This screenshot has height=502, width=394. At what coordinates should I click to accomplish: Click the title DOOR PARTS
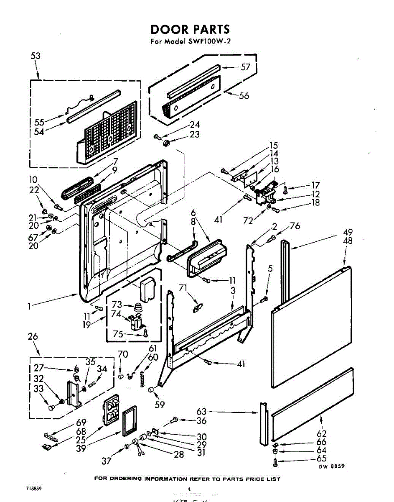[190, 29]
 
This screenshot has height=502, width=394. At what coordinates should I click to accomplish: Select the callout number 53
[36, 56]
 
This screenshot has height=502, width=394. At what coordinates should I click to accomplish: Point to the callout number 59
[160, 405]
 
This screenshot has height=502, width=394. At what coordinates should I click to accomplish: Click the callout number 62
[321, 434]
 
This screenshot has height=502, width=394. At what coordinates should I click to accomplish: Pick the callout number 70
[122, 354]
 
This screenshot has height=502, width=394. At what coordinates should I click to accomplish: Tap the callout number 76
[295, 226]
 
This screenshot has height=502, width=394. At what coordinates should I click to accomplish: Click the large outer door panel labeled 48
[311, 326]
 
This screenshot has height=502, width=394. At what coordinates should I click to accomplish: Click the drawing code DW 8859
[332, 466]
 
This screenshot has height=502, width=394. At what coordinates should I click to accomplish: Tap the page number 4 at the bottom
[189, 489]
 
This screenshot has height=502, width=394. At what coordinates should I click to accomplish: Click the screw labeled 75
[145, 333]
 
